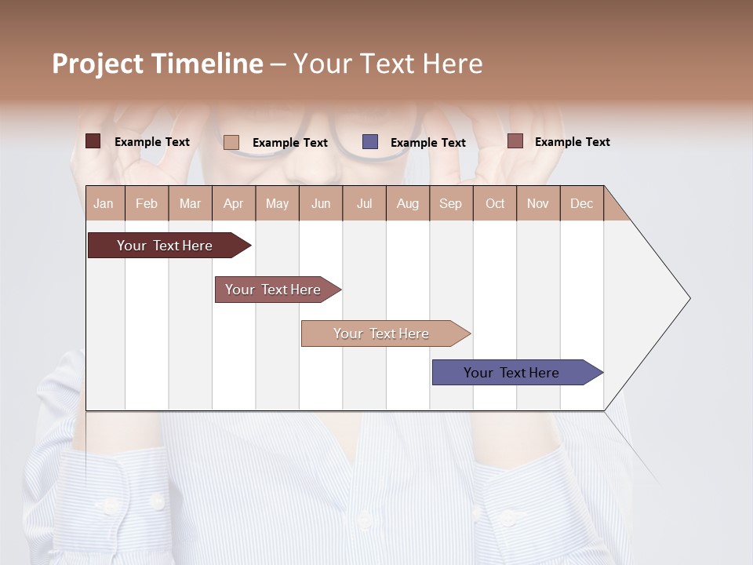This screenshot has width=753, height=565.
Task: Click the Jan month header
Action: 104,203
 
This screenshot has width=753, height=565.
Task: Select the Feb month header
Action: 147,203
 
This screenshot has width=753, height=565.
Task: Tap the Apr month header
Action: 233,203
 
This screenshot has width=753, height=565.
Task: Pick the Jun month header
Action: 321,203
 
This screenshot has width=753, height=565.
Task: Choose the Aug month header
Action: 407,203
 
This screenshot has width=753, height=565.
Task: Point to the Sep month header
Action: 450,203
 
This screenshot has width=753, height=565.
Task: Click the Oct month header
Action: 495,203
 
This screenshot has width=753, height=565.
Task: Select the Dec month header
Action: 581,203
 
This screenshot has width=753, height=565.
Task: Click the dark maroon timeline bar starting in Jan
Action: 166,246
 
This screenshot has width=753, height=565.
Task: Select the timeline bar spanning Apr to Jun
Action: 274,290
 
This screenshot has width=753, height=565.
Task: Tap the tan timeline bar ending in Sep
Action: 382,334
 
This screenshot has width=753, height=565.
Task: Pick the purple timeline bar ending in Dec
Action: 512,373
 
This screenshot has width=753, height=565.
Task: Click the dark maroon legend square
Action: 93,141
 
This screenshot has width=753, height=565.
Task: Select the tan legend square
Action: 231,142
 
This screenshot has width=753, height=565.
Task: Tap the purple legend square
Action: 370,142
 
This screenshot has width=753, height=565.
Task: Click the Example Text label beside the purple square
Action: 428,143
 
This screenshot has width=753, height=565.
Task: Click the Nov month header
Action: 538,203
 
